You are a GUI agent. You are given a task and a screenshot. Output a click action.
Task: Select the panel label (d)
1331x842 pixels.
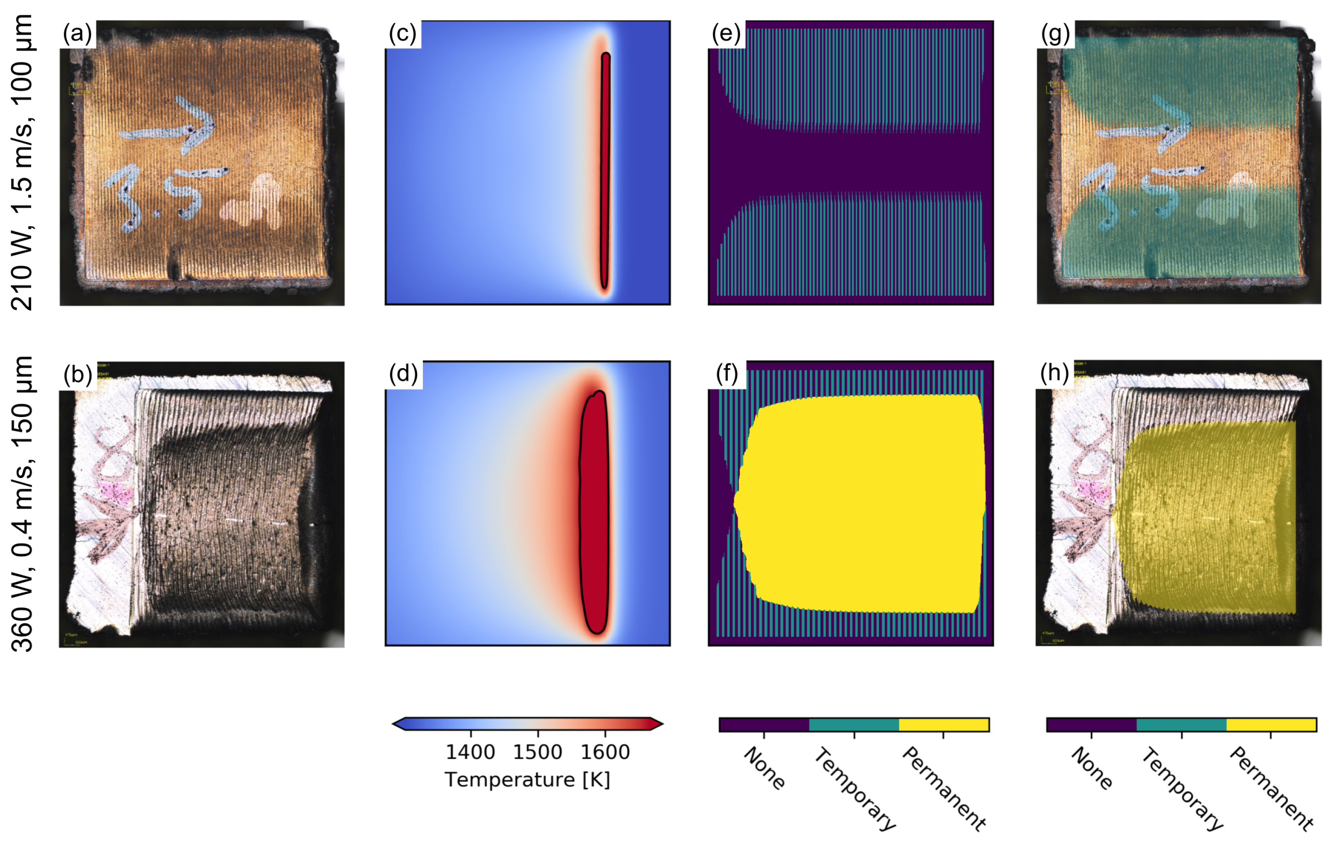coord(403,374)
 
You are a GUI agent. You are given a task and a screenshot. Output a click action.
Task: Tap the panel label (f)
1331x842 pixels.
coord(726,374)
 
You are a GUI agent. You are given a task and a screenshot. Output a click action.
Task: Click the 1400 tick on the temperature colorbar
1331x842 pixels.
coord(470,753)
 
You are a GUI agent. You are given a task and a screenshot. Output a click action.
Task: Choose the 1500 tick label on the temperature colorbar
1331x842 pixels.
coord(538,753)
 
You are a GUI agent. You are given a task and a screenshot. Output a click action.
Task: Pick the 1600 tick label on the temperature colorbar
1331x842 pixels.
coord(605,753)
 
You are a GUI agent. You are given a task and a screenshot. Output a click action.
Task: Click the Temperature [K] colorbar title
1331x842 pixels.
coord(527,779)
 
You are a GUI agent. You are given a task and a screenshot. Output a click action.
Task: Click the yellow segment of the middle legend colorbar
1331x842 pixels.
coord(944,724)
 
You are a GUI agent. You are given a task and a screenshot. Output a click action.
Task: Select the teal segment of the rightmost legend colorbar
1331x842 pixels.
coord(1181,724)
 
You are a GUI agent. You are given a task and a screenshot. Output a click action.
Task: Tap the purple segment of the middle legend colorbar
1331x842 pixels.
coord(764,724)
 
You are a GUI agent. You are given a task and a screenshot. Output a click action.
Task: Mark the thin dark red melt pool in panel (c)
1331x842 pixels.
coord(605,171)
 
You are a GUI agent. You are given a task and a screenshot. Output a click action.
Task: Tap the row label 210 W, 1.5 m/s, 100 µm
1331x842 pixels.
coord(22,163)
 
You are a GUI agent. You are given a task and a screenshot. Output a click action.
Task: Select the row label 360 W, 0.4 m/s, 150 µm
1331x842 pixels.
coord(22,504)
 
